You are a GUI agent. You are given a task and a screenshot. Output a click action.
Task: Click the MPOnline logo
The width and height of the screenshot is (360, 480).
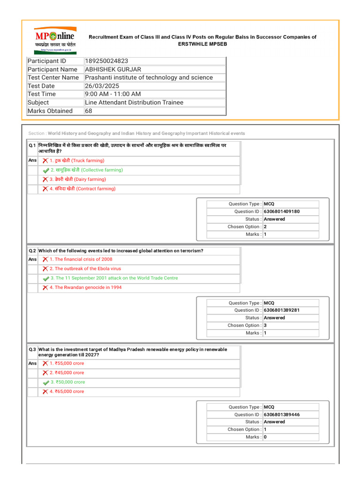[55, 39]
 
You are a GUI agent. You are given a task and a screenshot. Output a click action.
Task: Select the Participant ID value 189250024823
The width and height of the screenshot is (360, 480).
[106, 61]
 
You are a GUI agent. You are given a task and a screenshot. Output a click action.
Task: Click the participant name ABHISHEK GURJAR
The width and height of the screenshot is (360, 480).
[113, 69]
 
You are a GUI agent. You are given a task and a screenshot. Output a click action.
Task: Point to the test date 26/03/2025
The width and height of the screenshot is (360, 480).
[102, 86]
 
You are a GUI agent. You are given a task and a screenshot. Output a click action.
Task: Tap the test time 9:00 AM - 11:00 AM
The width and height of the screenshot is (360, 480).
[113, 94]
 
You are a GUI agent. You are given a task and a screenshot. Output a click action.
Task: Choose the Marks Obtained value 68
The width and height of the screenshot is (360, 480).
[89, 111]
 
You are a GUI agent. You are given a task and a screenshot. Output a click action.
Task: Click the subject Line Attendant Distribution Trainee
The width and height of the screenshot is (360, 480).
[134, 103]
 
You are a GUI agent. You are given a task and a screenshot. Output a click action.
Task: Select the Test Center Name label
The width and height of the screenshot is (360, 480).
[53, 77]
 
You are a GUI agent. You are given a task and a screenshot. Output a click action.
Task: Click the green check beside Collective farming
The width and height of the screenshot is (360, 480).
[45, 171]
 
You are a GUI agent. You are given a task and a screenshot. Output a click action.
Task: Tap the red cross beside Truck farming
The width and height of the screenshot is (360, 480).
[45, 161]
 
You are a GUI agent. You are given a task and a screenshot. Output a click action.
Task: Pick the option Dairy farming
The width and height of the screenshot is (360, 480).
[78, 180]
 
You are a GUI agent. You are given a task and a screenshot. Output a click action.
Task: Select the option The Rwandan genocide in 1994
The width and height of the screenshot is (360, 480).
[85, 287]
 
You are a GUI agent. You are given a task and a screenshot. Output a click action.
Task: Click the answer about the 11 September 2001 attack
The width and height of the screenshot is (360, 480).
[114, 278]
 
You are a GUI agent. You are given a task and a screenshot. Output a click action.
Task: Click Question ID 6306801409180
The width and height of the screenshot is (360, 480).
[281, 211]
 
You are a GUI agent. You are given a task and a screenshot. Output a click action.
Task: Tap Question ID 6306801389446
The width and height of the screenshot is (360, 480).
[281, 414]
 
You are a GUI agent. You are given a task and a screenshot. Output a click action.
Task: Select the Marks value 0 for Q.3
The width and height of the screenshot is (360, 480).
[265, 437]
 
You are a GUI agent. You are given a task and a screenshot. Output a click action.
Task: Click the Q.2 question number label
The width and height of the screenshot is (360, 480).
[32, 251]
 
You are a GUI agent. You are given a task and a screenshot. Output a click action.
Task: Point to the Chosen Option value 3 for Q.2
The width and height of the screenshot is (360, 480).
[265, 325]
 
